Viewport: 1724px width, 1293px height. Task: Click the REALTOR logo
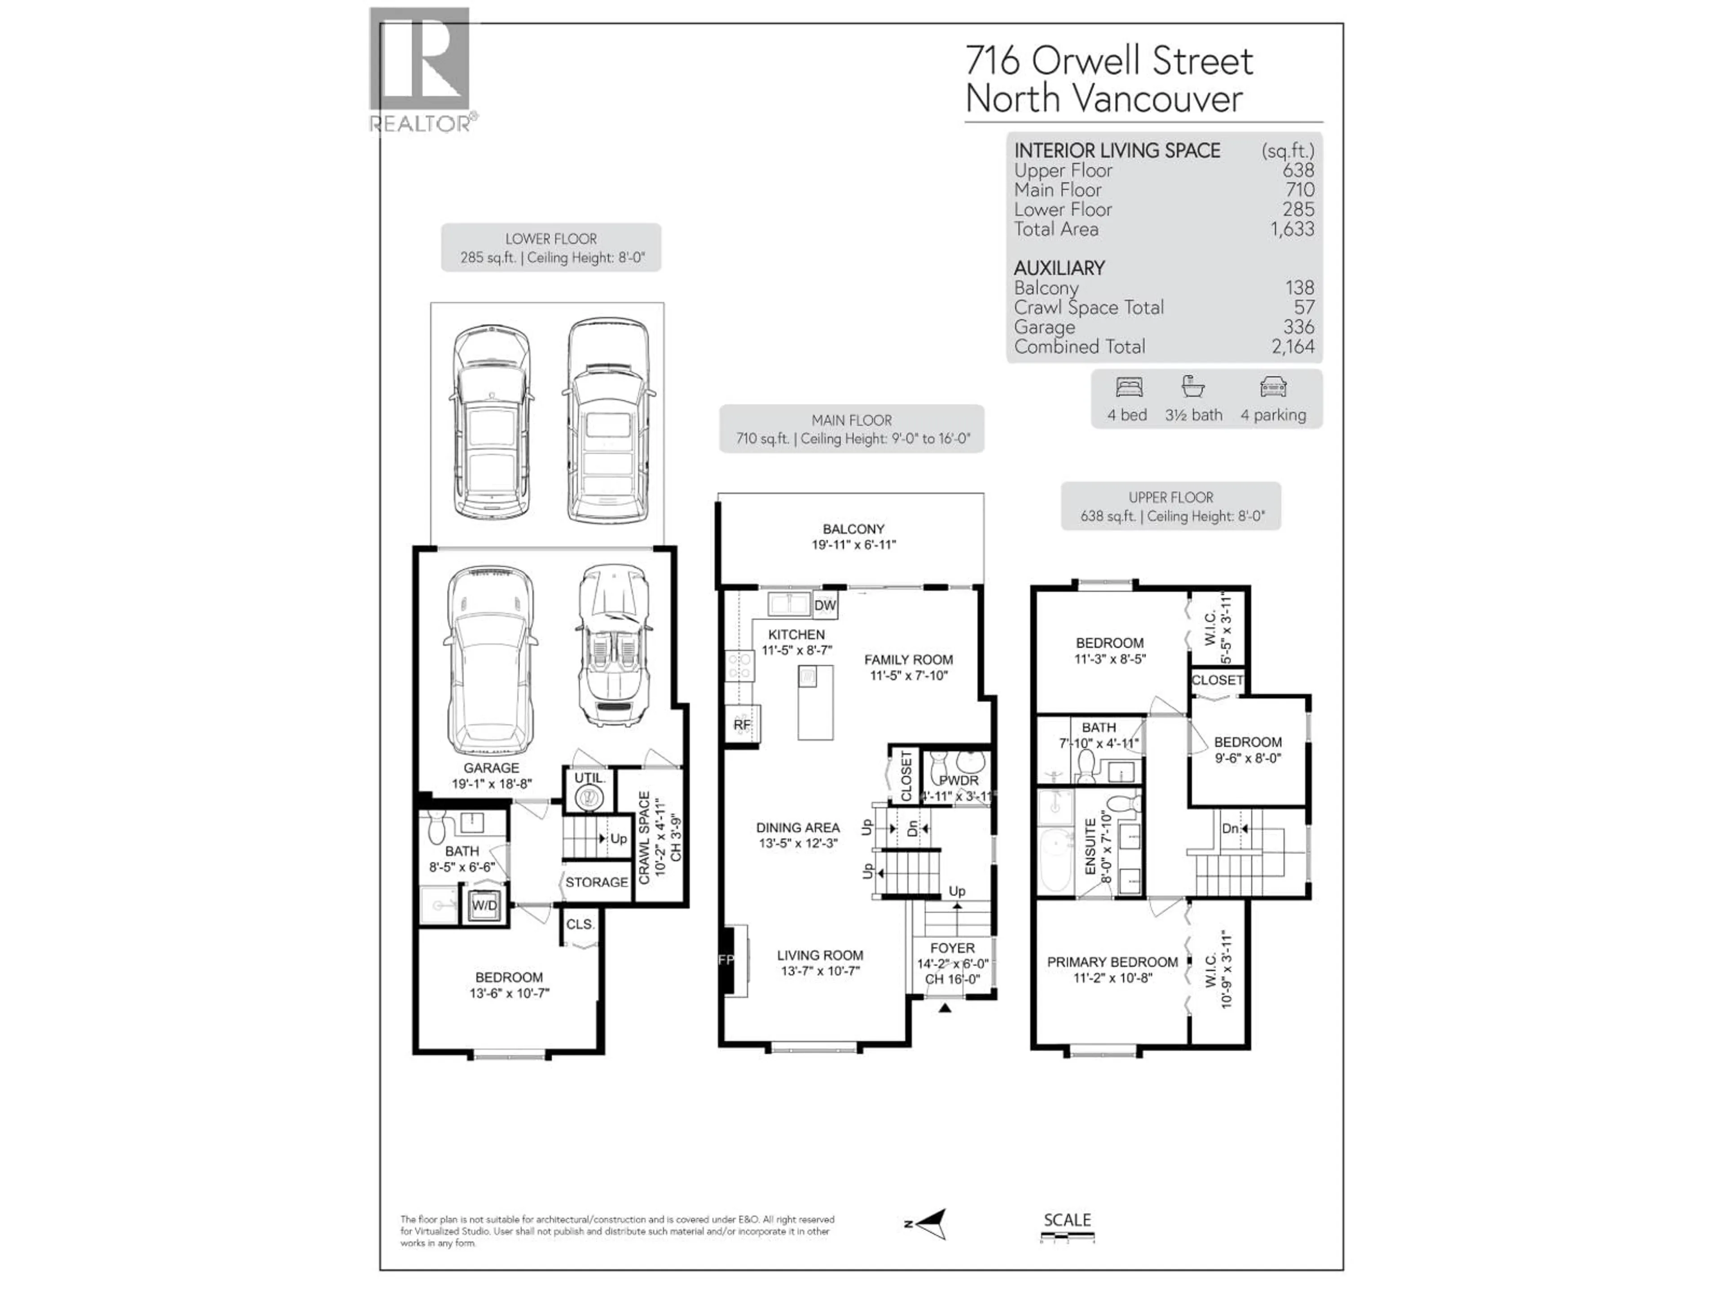point(420,69)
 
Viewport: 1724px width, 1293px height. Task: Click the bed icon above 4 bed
point(1129,387)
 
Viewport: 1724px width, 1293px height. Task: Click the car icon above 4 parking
point(1273,387)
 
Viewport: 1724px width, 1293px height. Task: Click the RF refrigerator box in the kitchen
point(742,725)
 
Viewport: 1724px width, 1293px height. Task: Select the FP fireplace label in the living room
point(726,960)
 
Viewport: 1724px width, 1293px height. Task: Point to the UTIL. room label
point(589,778)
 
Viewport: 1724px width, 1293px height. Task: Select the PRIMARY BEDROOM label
point(1112,962)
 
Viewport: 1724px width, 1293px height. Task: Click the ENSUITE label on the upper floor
point(1091,846)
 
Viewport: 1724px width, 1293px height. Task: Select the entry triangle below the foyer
point(945,1008)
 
